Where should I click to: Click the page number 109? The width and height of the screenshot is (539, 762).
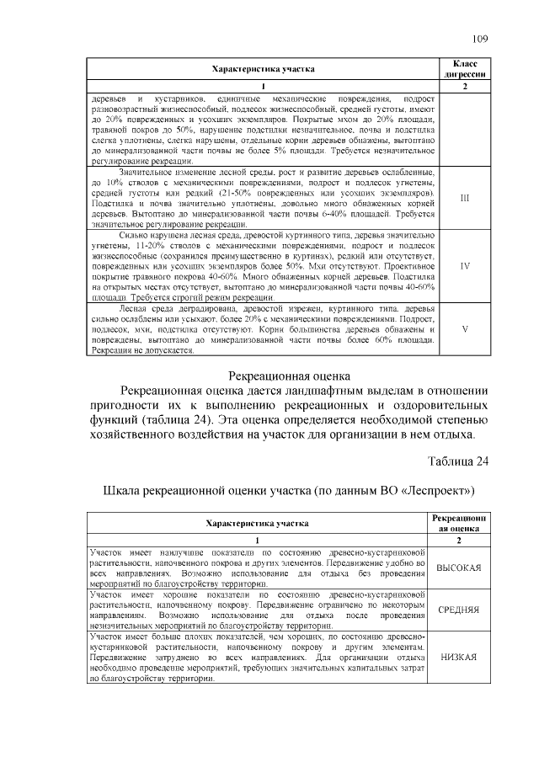480,38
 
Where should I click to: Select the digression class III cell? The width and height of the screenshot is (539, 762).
466,198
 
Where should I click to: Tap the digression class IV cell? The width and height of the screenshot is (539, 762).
466,265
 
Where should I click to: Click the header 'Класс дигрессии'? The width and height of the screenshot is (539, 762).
466,68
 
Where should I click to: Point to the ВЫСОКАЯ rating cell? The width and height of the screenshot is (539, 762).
459,568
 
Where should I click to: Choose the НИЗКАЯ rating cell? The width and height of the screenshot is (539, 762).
459,658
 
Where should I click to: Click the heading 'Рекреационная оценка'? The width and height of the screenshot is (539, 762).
279,376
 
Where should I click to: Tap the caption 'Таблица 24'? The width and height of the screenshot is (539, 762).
458,461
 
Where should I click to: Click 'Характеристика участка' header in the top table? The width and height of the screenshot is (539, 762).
263,68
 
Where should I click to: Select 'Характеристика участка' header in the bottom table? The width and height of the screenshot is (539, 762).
258,523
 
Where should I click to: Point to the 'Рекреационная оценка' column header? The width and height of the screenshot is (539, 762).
459,523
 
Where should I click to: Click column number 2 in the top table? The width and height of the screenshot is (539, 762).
466,87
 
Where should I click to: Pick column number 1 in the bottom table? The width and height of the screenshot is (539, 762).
258,540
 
